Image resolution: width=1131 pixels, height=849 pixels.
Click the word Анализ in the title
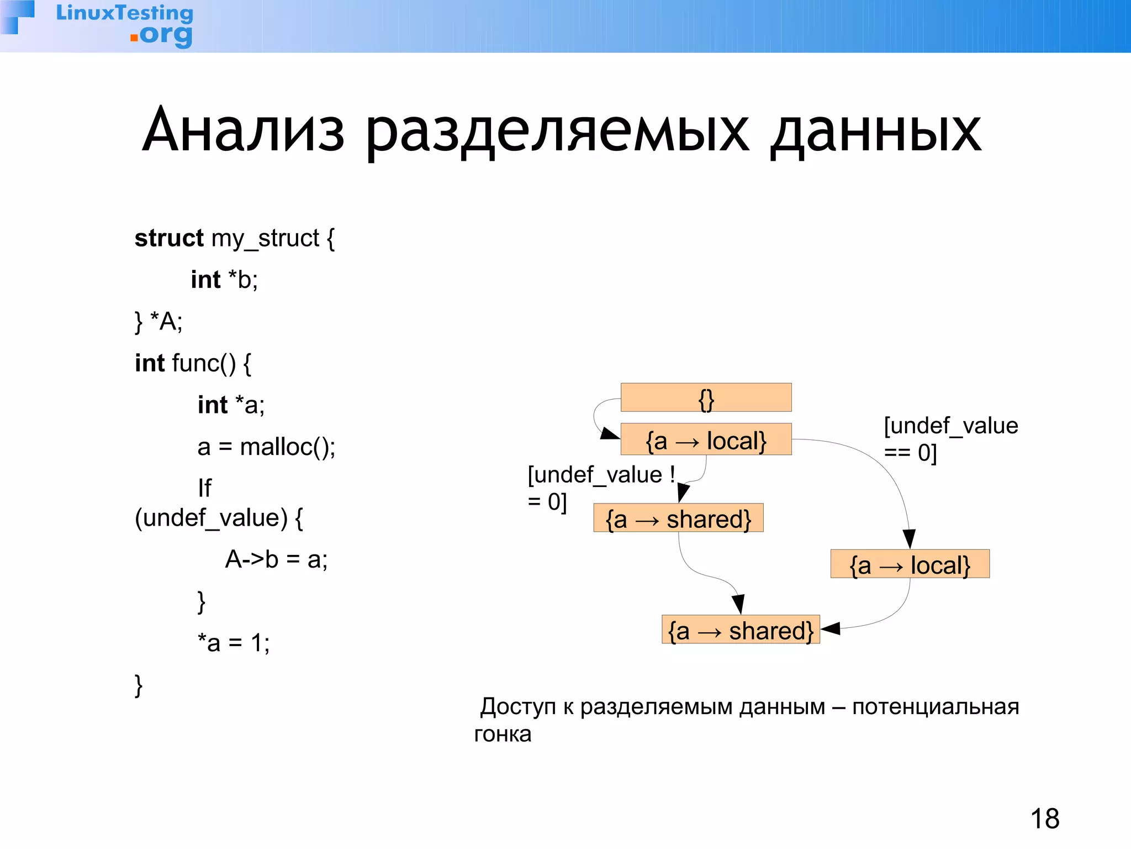244,131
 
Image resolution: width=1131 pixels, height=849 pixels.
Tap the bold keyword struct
169,238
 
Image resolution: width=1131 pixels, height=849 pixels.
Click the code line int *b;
224,280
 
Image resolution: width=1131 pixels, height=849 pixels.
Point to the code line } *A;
158,321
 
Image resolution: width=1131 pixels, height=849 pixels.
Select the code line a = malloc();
266,447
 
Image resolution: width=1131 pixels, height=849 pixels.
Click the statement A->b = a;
276,559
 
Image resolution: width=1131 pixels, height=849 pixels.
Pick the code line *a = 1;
234,643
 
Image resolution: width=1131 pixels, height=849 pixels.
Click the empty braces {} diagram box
706,398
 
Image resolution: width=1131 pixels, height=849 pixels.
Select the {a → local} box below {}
706,440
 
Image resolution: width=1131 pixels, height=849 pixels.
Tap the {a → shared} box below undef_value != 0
678,518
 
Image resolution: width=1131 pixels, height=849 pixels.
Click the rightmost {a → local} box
910,564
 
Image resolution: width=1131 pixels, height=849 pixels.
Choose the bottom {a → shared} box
741,630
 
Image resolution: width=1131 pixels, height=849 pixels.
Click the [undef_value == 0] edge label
950,439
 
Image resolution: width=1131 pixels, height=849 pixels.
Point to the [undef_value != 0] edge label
600,488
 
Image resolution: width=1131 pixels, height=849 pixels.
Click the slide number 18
1044,819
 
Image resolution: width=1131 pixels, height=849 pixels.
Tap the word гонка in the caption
503,734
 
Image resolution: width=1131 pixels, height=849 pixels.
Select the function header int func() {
193,363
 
